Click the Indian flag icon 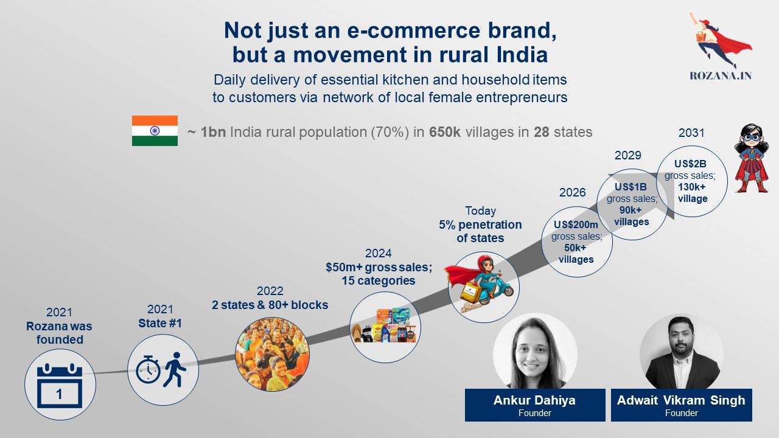155,131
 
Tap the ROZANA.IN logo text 721,75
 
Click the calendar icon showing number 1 60,385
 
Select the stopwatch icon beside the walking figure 148,369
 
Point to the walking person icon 175,369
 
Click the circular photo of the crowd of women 272,354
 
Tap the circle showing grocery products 385,327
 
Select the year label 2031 691,133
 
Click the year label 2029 627,155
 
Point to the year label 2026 573,192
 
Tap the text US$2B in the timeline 690,164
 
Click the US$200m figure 576,224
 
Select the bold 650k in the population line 445,132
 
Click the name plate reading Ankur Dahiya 535,405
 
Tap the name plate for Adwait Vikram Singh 682,405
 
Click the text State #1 160,323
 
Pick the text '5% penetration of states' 480,231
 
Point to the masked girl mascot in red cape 752,158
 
